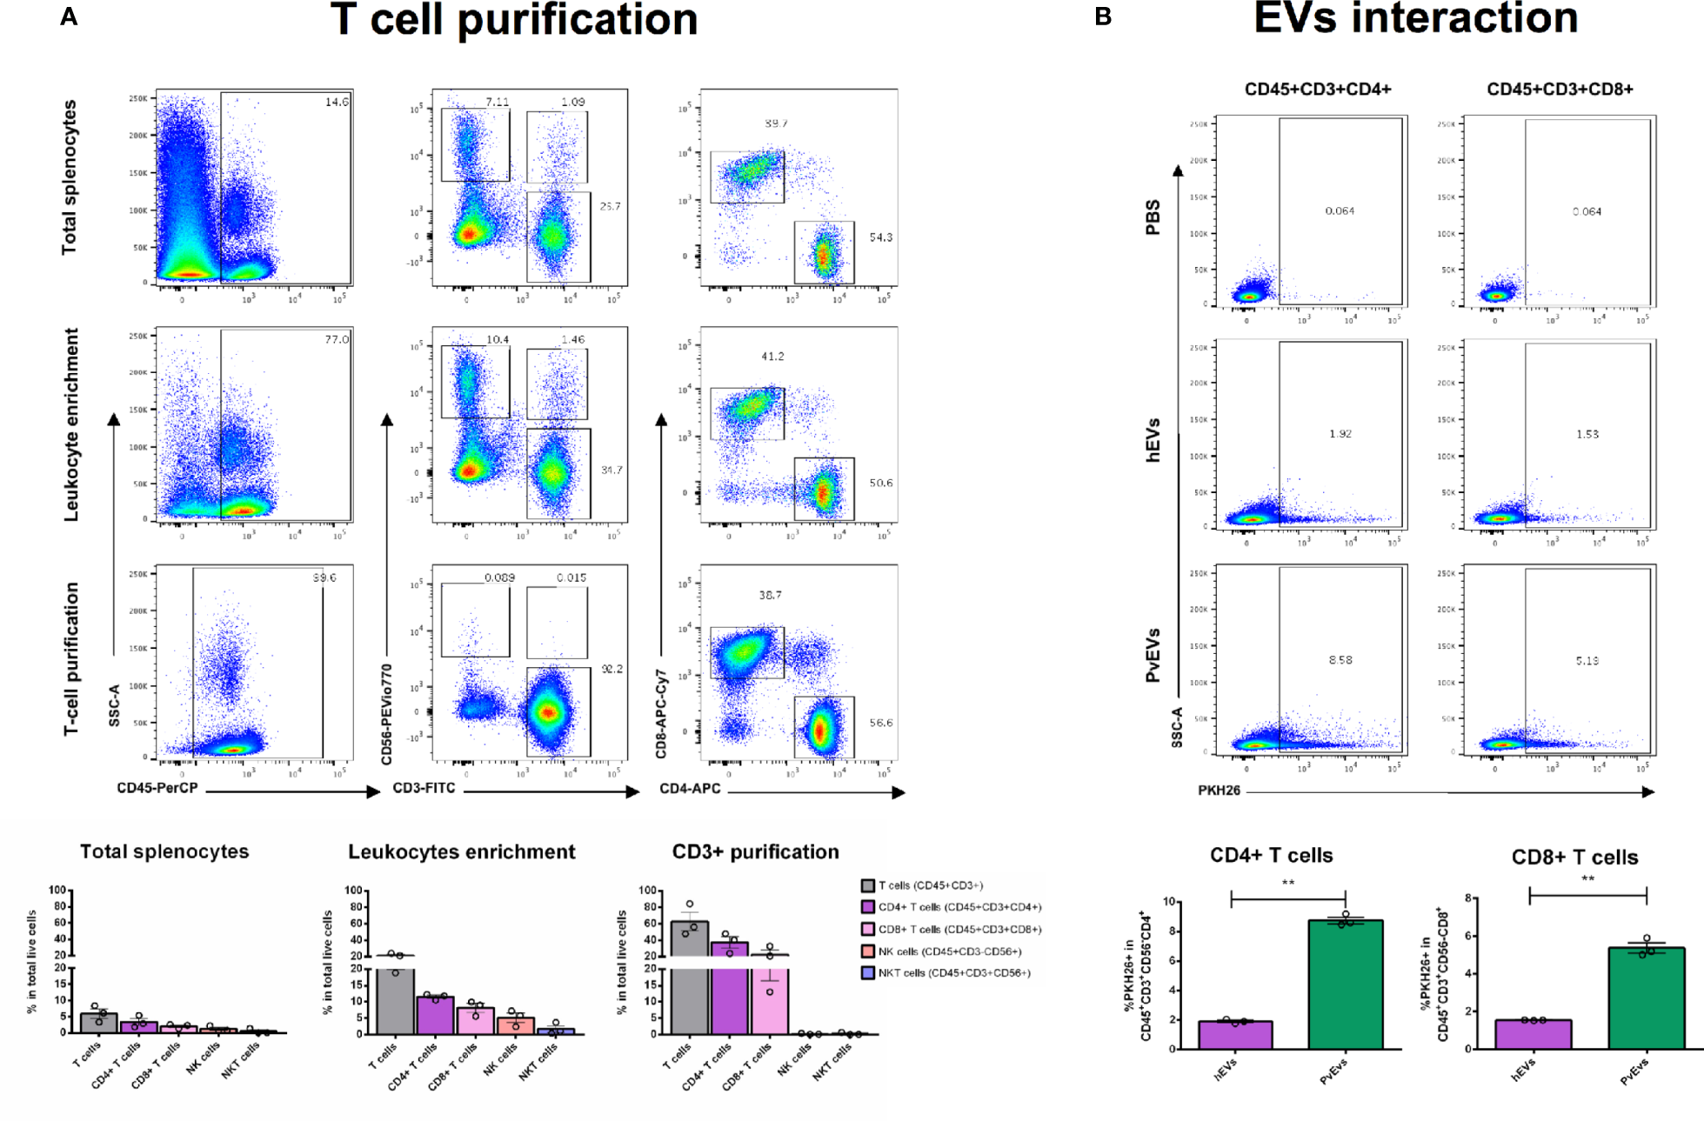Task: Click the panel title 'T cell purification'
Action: [x=514, y=19]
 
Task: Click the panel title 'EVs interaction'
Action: [x=1415, y=17]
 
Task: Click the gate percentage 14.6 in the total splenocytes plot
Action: [x=337, y=102]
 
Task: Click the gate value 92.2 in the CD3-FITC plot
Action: [x=611, y=669]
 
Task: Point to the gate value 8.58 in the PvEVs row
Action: [x=1340, y=660]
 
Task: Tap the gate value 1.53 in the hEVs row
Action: [x=1587, y=434]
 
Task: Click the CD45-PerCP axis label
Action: [x=157, y=788]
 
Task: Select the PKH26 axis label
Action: [x=1219, y=791]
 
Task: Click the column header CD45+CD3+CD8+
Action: [x=1559, y=89]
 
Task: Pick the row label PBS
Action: [x=1153, y=217]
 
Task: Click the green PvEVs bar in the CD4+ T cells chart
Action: [x=1345, y=987]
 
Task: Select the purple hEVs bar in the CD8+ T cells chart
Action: [x=1533, y=1034]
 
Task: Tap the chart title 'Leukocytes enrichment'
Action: [x=461, y=852]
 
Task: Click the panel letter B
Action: [x=1103, y=17]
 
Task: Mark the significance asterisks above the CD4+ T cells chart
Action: [x=1287, y=884]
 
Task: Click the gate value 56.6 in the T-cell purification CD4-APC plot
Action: [x=880, y=723]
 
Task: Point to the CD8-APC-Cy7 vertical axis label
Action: [x=661, y=713]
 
